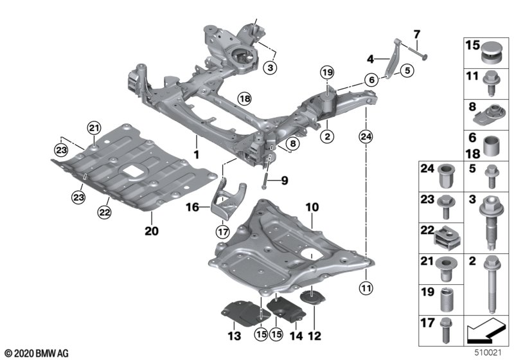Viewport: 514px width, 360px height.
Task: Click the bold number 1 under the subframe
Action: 197,155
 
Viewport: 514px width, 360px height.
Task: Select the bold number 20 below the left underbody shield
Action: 152,230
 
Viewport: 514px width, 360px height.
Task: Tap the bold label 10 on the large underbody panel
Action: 312,207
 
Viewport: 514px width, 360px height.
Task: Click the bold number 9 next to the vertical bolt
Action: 285,181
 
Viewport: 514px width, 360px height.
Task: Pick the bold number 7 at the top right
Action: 416,33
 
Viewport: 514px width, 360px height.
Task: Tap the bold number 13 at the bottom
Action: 233,336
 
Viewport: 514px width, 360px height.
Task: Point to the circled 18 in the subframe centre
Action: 244,98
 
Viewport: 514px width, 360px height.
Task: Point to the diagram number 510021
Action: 488,354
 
